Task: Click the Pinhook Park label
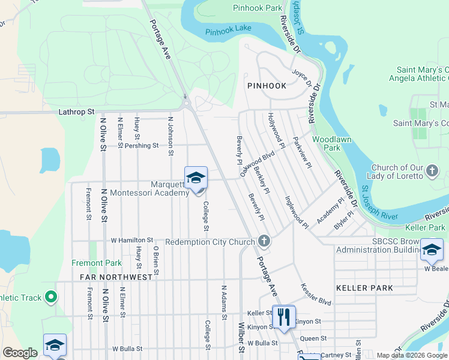click(x=258, y=8)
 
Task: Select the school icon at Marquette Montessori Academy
click(x=196, y=178)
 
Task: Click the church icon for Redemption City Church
click(x=264, y=241)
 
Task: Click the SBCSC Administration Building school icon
click(x=432, y=250)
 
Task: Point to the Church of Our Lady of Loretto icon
click(x=432, y=172)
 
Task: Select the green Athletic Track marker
click(x=51, y=297)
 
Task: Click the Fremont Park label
click(x=97, y=263)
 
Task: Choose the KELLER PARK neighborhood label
click(x=364, y=288)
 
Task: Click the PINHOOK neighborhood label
click(x=267, y=86)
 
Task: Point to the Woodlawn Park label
click(x=331, y=143)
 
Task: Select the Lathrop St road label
click(x=77, y=112)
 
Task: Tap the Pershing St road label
click(x=142, y=145)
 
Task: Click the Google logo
click(x=20, y=353)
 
